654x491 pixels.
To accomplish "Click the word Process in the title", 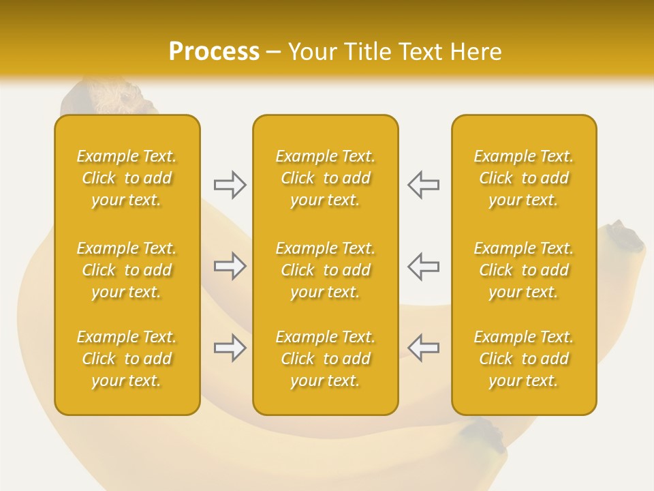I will point(214,52).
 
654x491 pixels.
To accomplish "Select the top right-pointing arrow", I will point(230,184).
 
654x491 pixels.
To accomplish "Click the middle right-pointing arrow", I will point(230,266).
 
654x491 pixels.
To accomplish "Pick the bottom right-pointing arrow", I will point(230,348).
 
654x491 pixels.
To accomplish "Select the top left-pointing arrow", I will point(424,184).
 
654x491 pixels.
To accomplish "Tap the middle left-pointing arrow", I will point(424,266).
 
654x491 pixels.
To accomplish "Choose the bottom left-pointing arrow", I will point(424,348).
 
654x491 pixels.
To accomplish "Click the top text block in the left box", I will point(127,178).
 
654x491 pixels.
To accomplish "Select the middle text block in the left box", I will point(127,270).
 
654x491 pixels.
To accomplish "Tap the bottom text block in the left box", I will point(127,359).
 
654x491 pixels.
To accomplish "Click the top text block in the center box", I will point(326,178).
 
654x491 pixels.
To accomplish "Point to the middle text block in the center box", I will point(326,270).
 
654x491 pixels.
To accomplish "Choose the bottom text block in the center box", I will point(326,359).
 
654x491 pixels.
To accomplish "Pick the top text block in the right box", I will point(524,178).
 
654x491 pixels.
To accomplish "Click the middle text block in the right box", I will point(524,270).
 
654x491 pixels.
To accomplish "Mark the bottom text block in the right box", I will point(524,359).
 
